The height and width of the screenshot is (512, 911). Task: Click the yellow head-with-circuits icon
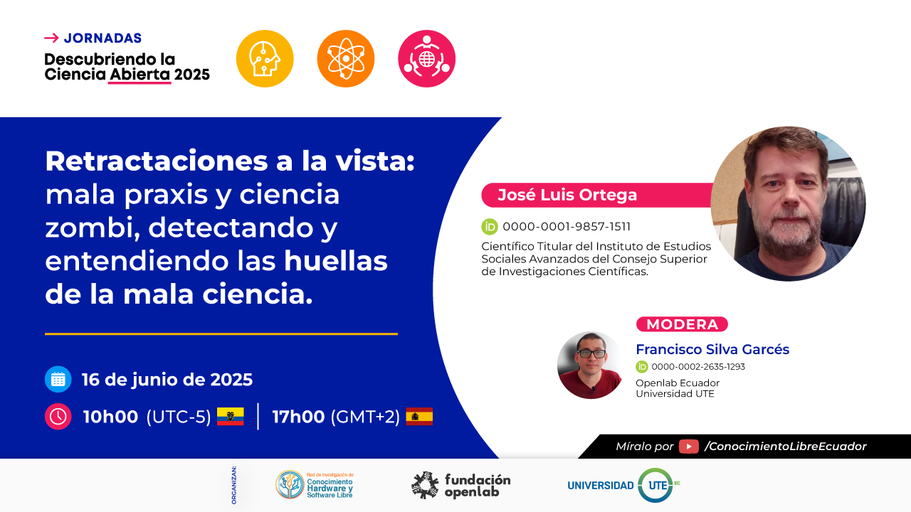pos(265,58)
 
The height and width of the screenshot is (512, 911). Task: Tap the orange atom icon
pos(346,58)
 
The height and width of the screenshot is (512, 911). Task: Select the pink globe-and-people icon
pos(426,58)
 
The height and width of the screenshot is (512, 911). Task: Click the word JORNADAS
pos(102,38)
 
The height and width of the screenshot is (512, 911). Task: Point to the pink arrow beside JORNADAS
pos(51,38)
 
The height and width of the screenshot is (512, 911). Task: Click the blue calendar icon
pos(58,379)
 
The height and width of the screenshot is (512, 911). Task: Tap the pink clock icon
pos(58,417)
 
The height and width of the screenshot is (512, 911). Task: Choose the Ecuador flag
pos(230,416)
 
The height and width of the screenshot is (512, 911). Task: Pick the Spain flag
pos(419,416)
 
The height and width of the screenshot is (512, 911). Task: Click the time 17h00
pos(298,417)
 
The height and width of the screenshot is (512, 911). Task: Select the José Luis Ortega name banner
pos(597,195)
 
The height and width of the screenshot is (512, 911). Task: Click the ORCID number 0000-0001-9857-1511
pos(567,226)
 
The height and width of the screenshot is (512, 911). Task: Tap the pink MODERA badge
pos(682,324)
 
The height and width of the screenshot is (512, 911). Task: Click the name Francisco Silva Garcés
pos(712,349)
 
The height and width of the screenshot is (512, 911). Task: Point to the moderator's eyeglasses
pos(591,353)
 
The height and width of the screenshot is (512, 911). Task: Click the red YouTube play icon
pos(688,446)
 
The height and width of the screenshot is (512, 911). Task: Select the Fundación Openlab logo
pos(460,485)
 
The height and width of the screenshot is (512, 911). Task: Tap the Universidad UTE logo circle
pos(655,485)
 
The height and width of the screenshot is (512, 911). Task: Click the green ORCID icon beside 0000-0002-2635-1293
pos(642,366)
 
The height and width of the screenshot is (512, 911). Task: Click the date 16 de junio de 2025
pos(167,380)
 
